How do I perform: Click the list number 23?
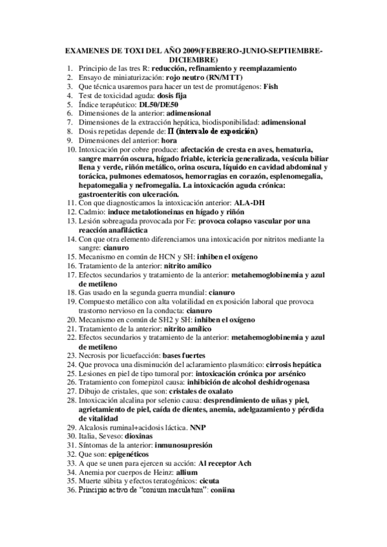click(x=71, y=355)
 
